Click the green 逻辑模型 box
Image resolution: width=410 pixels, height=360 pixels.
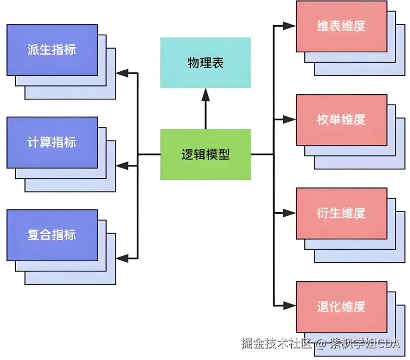pyautogui.click(x=206, y=154)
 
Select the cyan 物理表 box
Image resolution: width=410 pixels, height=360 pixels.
pyautogui.click(x=206, y=63)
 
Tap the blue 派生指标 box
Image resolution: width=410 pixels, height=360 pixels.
pyautogui.click(x=52, y=50)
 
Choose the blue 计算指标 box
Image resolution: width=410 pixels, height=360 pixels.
pyautogui.click(x=52, y=142)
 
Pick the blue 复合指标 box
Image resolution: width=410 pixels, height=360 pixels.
pyautogui.click(x=52, y=235)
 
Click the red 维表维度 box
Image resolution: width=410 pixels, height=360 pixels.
pyautogui.click(x=341, y=26)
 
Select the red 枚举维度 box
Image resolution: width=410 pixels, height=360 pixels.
pyautogui.click(x=341, y=119)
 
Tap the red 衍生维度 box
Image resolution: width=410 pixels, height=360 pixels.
pyautogui.click(x=341, y=213)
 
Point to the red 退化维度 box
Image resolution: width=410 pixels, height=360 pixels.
pyautogui.click(x=341, y=306)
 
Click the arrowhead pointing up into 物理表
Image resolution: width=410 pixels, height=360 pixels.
pyautogui.click(x=206, y=94)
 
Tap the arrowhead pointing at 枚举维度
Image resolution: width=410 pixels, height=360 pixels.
pyautogui.click(x=290, y=119)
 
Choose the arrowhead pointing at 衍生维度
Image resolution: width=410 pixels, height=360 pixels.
pyautogui.click(x=290, y=213)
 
